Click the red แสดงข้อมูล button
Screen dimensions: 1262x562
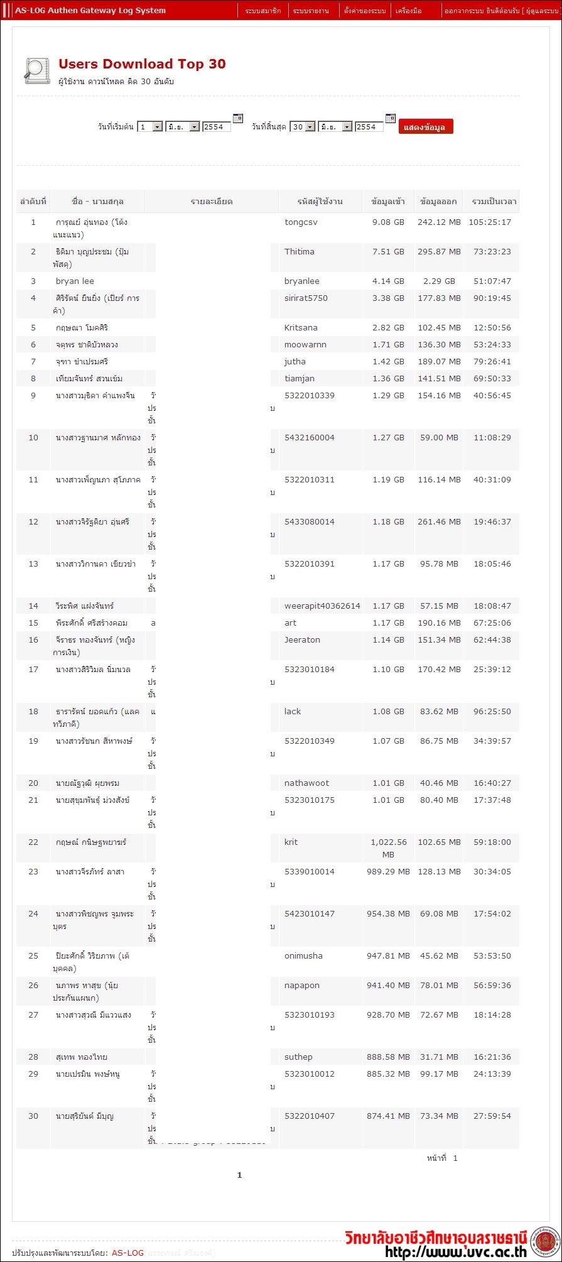425,127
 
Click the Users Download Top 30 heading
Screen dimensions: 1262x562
142,64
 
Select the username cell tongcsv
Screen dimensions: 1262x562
301,222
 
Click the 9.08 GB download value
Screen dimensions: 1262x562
388,222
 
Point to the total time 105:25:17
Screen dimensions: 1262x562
490,222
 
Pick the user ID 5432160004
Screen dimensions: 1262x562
310,438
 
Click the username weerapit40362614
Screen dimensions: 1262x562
322,606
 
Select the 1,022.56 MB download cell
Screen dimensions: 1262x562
388,848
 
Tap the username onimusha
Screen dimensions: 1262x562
303,956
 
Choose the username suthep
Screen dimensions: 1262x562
298,1057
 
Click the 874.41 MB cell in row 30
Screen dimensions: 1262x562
388,1116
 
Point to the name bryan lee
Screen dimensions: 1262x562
75,281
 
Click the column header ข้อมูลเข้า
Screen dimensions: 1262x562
388,202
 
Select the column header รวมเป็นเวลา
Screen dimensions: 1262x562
494,202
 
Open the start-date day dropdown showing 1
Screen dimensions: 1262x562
150,127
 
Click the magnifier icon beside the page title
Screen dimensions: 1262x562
36,70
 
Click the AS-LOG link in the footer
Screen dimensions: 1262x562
127,1253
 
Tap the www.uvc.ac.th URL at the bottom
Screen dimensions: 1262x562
456,1252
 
